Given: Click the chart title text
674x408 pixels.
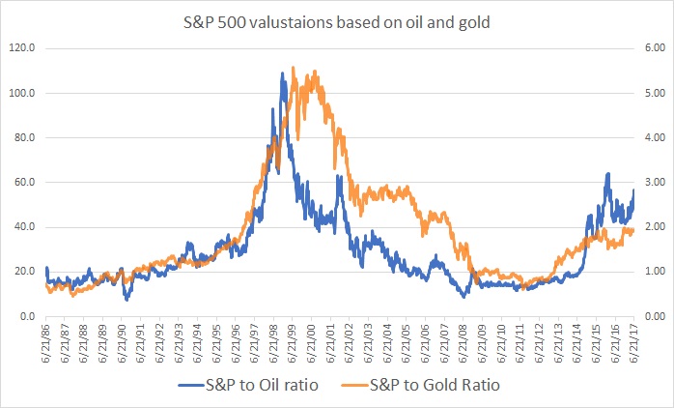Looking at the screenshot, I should [x=336, y=18].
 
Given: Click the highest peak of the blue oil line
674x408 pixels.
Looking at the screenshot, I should [x=283, y=72].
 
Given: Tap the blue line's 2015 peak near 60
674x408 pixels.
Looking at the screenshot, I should [x=607, y=174].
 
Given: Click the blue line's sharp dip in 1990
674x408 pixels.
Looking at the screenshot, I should [x=126, y=300].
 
